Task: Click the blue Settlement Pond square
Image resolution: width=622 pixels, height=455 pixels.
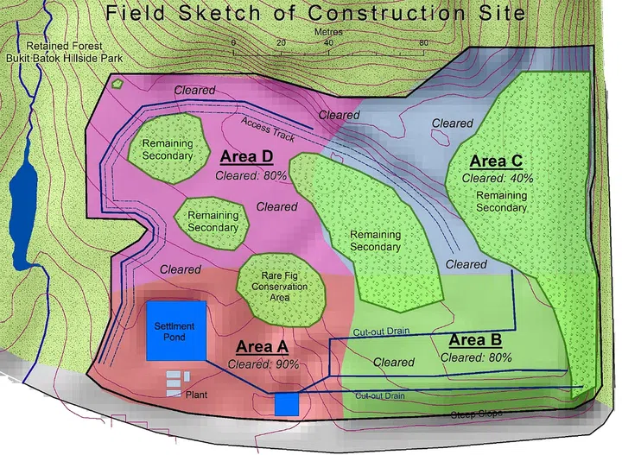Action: (x=176, y=331)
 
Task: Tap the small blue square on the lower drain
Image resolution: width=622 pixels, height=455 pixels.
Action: (x=287, y=404)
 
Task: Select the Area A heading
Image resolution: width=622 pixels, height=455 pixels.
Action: (x=262, y=347)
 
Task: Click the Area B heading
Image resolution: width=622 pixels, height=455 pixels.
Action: (x=479, y=339)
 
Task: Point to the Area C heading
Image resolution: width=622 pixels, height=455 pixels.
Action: (x=496, y=161)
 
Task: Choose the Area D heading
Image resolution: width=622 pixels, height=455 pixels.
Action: (x=246, y=157)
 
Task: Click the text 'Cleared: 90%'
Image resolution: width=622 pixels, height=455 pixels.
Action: (x=263, y=364)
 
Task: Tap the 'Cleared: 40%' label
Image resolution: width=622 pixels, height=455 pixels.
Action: (x=497, y=178)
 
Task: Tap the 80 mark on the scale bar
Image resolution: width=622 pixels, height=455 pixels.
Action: (x=423, y=43)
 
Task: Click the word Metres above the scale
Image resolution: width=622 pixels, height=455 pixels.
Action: (x=329, y=32)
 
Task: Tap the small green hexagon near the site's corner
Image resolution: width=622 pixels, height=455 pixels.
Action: (x=118, y=85)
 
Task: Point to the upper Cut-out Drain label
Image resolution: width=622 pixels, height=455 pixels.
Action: (x=381, y=332)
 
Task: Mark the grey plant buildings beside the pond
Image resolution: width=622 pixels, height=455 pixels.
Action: (x=175, y=379)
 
